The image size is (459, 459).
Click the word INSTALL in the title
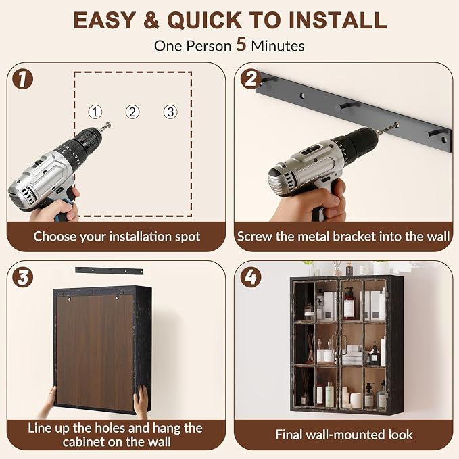(337, 20)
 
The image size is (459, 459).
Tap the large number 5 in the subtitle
(241, 45)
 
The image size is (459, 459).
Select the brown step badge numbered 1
(22, 78)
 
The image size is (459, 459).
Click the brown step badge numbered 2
(251, 78)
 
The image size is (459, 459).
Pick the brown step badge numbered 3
(22, 277)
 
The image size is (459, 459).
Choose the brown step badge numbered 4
(251, 277)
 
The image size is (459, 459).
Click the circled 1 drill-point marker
(95, 112)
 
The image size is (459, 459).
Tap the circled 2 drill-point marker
(132, 112)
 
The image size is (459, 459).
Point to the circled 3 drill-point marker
(170, 112)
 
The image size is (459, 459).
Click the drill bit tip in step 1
(109, 124)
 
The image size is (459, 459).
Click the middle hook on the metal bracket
(349, 105)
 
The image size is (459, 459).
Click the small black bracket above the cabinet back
(110, 271)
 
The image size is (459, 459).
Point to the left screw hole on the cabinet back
(70, 299)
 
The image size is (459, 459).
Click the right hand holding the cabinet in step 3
(141, 401)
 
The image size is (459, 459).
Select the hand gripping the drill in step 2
(310, 203)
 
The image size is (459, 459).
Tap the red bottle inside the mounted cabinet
(349, 304)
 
